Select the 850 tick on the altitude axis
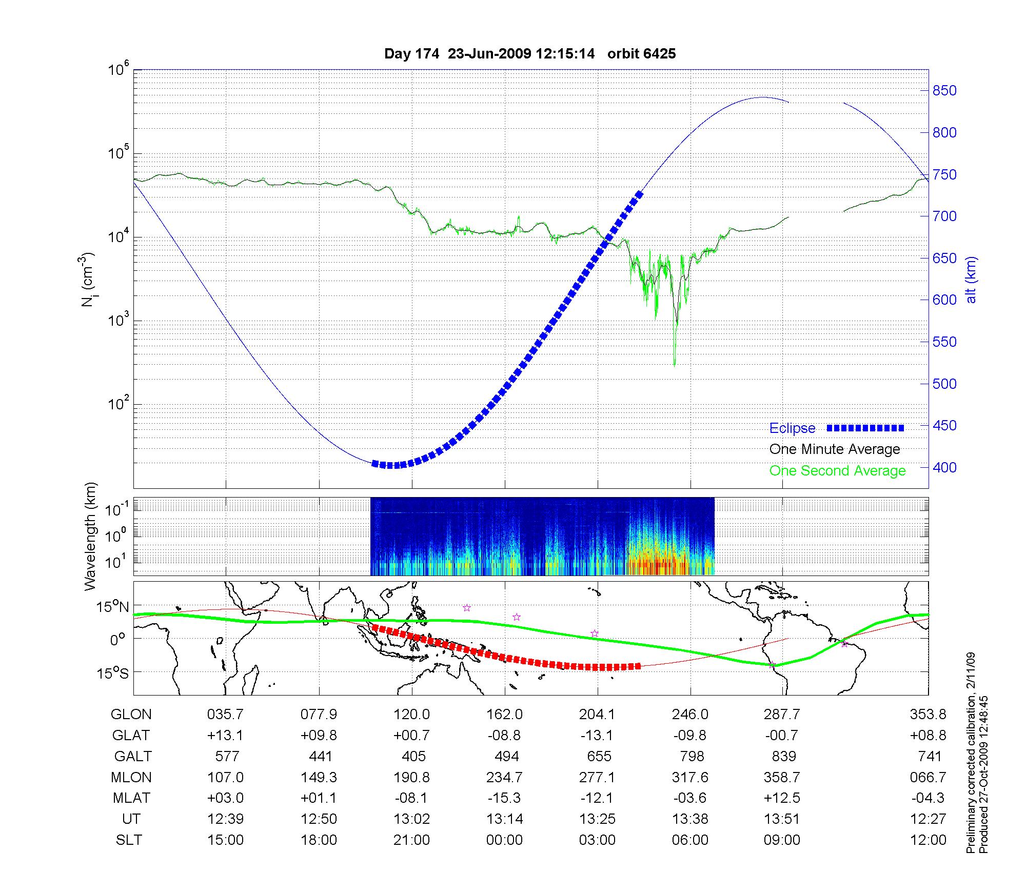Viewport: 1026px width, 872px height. (x=944, y=91)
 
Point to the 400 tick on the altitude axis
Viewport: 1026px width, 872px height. (x=944, y=467)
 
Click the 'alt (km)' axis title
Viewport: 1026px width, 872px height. (x=972, y=280)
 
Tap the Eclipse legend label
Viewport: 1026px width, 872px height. (x=792, y=428)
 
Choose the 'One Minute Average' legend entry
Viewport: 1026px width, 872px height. (x=835, y=449)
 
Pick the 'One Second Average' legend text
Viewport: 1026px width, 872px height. (x=837, y=471)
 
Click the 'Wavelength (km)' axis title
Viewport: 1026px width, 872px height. (x=91, y=537)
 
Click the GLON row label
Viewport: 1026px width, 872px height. (x=131, y=715)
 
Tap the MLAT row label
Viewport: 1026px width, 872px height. (x=131, y=798)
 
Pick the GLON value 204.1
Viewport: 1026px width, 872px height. (x=597, y=715)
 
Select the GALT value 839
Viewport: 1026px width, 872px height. (x=783, y=757)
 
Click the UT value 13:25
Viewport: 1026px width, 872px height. (x=597, y=819)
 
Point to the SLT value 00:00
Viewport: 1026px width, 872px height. (x=505, y=840)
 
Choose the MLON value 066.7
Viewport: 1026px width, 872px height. (x=928, y=778)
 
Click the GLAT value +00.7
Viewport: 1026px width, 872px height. (x=411, y=736)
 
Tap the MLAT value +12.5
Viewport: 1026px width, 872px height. (x=782, y=798)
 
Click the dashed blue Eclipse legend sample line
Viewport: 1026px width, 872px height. (x=865, y=428)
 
